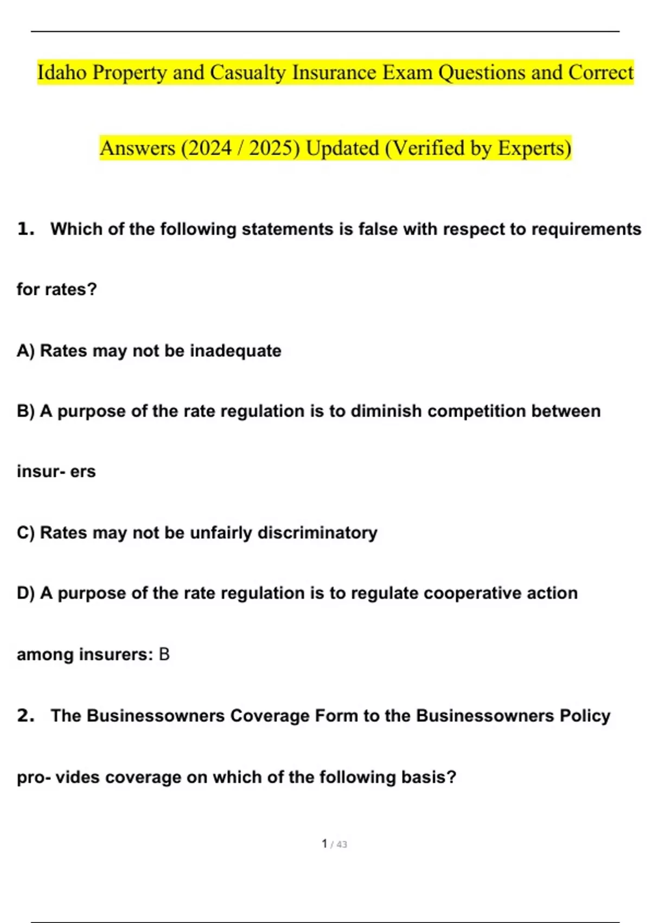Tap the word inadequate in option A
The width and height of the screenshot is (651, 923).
click(x=235, y=351)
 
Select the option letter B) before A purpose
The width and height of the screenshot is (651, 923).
click(x=25, y=411)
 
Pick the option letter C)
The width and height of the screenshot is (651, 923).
click(x=25, y=533)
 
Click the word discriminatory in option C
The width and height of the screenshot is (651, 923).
click(x=317, y=533)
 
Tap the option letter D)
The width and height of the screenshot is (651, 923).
click(x=25, y=593)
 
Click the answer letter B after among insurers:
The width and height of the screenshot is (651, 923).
click(x=164, y=654)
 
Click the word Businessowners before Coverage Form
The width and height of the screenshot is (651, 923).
click(x=155, y=716)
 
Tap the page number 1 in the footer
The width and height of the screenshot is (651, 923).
click(x=324, y=844)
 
